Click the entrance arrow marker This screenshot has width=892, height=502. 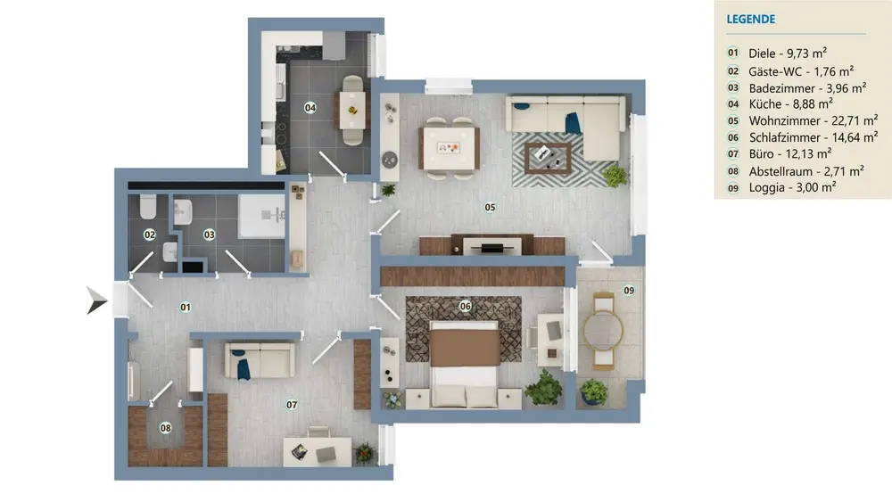96,300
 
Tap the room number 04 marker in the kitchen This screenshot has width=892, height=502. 310,108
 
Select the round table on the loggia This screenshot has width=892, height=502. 603,330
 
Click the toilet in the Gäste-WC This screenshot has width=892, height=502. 148,207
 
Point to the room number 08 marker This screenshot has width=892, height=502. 166,427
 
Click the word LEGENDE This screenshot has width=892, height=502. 750,20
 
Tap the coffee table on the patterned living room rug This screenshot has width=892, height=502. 548,158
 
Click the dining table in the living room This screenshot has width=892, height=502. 449,148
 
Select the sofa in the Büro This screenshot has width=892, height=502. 260,360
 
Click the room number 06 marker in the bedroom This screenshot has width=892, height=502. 466,307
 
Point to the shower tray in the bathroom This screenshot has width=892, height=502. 261,216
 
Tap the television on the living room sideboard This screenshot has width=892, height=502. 491,248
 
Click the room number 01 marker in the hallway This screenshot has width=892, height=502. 186,307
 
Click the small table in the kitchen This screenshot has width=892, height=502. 352,110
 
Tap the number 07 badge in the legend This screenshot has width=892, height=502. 733,154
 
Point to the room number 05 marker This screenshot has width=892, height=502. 490,208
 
